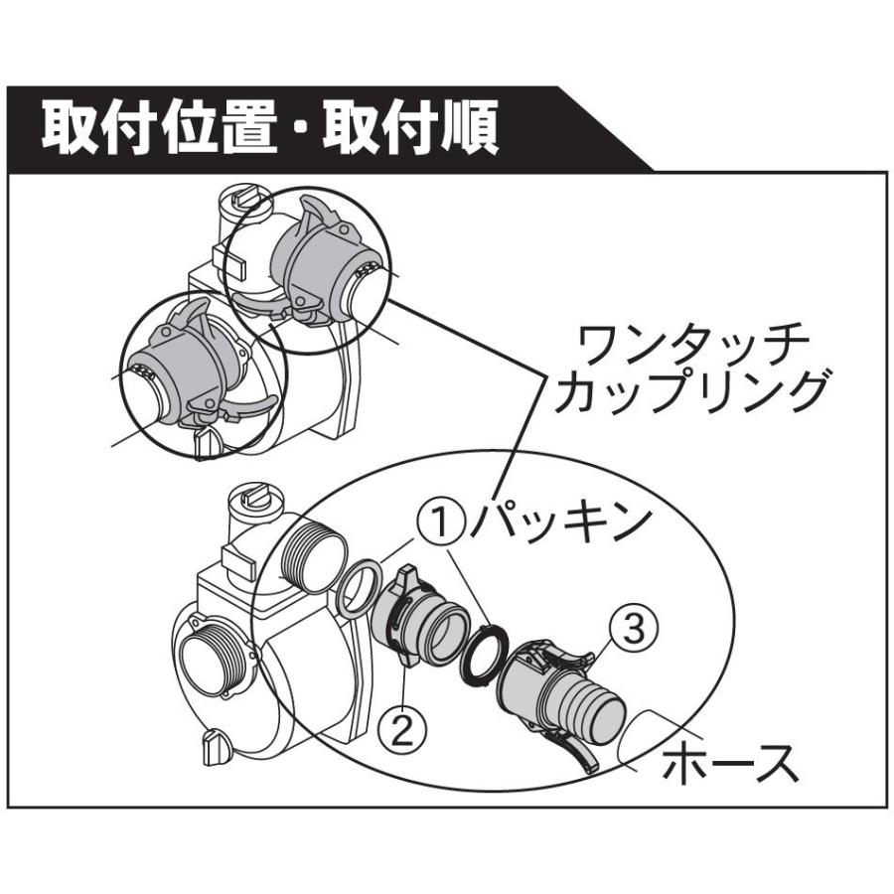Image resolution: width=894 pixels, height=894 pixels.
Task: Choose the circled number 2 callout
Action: (401, 733)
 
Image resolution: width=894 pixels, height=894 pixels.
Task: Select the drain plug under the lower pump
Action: (215, 747)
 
